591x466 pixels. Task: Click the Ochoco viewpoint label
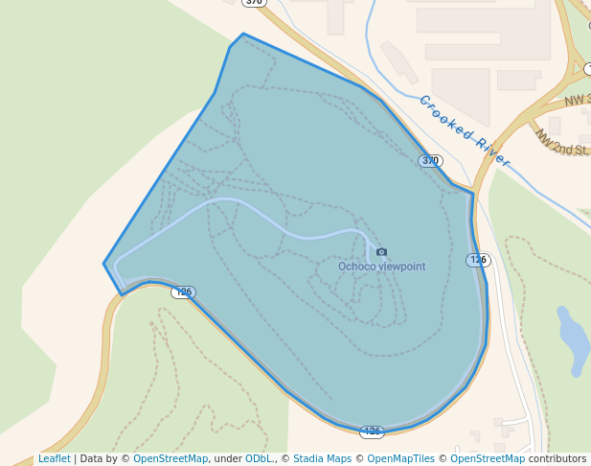coord(381,267)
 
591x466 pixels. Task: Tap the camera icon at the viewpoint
coord(382,252)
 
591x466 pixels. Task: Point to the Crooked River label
coord(465,130)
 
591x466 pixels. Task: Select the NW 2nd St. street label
coord(561,145)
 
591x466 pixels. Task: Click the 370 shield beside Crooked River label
coord(430,160)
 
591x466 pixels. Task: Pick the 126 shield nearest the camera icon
coord(478,260)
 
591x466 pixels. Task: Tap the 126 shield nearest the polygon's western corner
coord(183,291)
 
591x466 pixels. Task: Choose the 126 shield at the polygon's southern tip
coord(372,431)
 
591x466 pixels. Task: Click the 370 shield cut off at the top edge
coord(253,3)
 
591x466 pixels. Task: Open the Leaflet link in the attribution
coord(54,459)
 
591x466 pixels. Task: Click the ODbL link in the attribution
coord(258,459)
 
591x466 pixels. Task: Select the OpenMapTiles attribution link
coord(398,459)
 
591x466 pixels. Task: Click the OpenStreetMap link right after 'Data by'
coord(170,459)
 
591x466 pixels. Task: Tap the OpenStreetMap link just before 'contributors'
coord(488,459)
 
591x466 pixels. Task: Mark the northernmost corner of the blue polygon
coord(243,34)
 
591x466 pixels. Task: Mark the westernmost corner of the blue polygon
coord(103,264)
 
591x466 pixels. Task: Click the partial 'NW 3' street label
coord(577,101)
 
